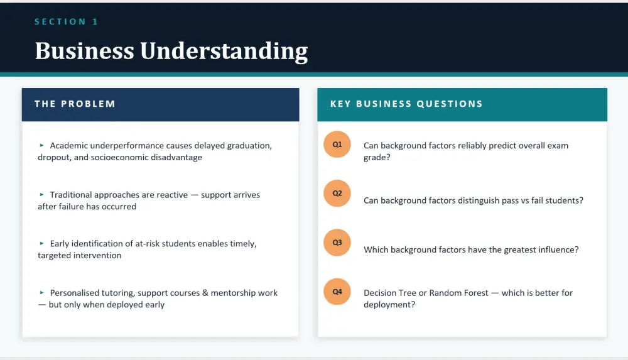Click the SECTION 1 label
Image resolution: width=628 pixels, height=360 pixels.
[x=66, y=21]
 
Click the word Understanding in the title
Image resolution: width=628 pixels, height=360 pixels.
[x=224, y=52]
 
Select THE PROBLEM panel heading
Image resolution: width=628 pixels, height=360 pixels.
[x=75, y=104]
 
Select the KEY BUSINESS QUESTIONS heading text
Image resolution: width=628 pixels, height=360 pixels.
[x=406, y=104]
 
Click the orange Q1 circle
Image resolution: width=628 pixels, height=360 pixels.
[x=337, y=145]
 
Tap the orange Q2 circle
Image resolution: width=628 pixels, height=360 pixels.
[x=337, y=194]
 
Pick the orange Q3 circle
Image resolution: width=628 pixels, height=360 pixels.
[x=337, y=243]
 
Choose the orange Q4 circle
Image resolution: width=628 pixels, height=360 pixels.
[x=337, y=292]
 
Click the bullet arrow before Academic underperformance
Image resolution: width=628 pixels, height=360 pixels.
[x=41, y=146]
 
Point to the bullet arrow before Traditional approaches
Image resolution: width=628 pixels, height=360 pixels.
[x=41, y=195]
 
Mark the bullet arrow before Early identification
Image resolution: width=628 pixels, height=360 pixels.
[x=41, y=244]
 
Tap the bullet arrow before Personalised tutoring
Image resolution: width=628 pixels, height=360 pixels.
[x=41, y=293]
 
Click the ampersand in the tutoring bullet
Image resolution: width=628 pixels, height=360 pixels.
[x=205, y=293]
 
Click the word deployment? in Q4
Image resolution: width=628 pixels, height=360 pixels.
[x=389, y=305]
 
